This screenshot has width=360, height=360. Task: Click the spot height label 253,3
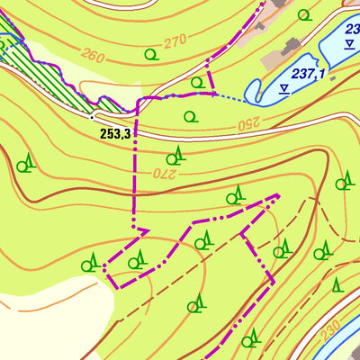click(x=121, y=133)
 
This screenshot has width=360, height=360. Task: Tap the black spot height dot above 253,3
click(x=93, y=116)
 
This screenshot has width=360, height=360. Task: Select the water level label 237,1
click(x=308, y=74)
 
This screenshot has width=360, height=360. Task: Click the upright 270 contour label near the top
click(x=174, y=40)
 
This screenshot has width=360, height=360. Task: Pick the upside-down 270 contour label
click(x=160, y=172)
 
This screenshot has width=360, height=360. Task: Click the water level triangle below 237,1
click(x=284, y=87)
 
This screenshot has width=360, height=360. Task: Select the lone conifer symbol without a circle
click(x=337, y=285)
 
